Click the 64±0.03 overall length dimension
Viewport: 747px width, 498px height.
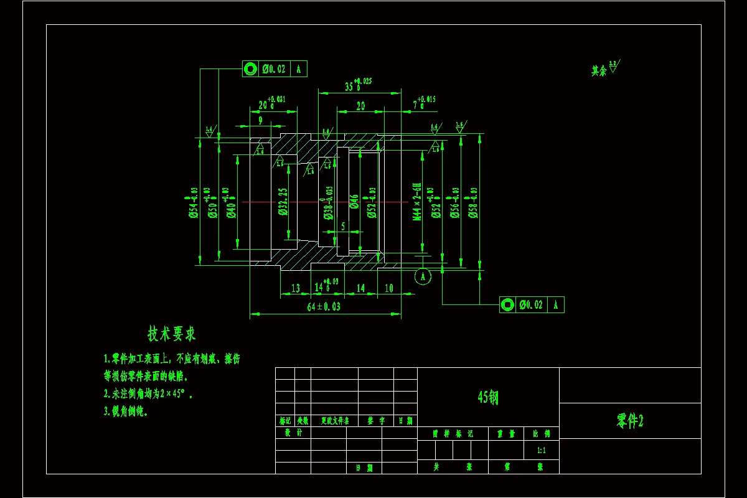click(324, 307)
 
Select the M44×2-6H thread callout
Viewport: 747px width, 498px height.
click(417, 202)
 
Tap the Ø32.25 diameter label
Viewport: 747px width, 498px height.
click(283, 202)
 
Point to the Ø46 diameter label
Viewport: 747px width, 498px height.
click(354, 202)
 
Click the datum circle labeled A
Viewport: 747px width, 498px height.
click(423, 275)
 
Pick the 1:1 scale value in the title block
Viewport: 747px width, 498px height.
click(541, 450)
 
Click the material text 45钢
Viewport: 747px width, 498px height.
click(487, 398)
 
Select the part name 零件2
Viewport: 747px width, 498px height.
click(629, 421)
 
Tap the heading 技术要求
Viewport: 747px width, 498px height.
click(171, 334)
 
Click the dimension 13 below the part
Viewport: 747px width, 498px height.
click(295, 288)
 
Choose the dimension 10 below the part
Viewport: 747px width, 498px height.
click(389, 288)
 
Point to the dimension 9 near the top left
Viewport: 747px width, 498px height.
click(260, 120)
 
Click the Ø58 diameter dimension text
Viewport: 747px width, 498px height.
click(473, 203)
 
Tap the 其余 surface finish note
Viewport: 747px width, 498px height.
click(599, 71)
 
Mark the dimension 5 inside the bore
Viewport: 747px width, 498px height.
click(343, 227)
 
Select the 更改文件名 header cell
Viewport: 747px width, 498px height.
click(334, 421)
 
